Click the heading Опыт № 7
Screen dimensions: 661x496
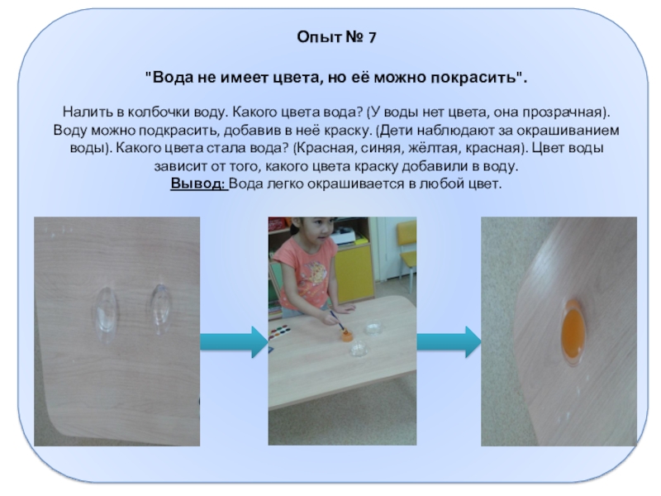point(336,37)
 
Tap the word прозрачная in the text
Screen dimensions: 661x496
point(563,112)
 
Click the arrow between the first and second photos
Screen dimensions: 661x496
point(234,342)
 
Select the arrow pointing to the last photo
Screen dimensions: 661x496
point(449,342)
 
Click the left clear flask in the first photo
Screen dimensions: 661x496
point(106,314)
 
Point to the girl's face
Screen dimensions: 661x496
point(321,231)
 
